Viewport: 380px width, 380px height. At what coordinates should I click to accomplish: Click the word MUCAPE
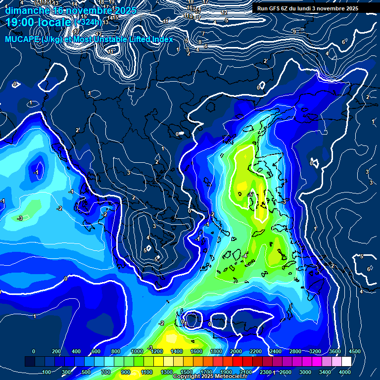[22, 39]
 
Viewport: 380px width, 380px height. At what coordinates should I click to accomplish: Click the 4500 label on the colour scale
[354, 351]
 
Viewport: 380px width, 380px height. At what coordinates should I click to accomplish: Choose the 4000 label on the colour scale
[345, 372]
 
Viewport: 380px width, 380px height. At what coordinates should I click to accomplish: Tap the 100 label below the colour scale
[47, 372]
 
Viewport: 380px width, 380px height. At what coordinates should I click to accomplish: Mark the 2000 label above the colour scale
[236, 351]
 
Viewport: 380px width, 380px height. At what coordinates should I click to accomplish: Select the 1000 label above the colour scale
[137, 351]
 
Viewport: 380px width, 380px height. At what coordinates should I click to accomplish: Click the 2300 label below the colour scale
[266, 372]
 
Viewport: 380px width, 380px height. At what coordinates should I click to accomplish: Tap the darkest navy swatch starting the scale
[30, 362]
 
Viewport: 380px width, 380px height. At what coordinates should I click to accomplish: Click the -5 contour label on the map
[250, 194]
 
